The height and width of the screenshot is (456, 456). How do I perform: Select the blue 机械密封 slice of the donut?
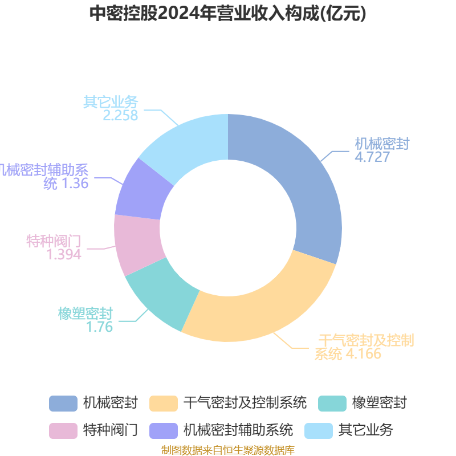(302, 182)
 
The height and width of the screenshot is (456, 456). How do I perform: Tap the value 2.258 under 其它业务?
(120, 115)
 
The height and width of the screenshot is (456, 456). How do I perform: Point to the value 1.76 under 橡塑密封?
(100, 327)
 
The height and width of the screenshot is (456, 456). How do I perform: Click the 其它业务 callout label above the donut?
(111, 102)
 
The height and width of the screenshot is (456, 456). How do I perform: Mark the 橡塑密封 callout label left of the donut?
(85, 313)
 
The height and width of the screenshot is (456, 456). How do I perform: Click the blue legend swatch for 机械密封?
(63, 403)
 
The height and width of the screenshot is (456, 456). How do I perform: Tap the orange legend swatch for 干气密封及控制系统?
(163, 403)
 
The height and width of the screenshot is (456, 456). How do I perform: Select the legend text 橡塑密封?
(379, 403)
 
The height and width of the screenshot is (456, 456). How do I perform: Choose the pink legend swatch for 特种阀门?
(63, 430)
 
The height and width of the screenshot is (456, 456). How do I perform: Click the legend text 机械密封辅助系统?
(238, 430)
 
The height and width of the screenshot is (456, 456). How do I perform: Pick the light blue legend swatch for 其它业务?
(319, 430)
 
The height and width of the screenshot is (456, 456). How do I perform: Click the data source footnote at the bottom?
(228, 450)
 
